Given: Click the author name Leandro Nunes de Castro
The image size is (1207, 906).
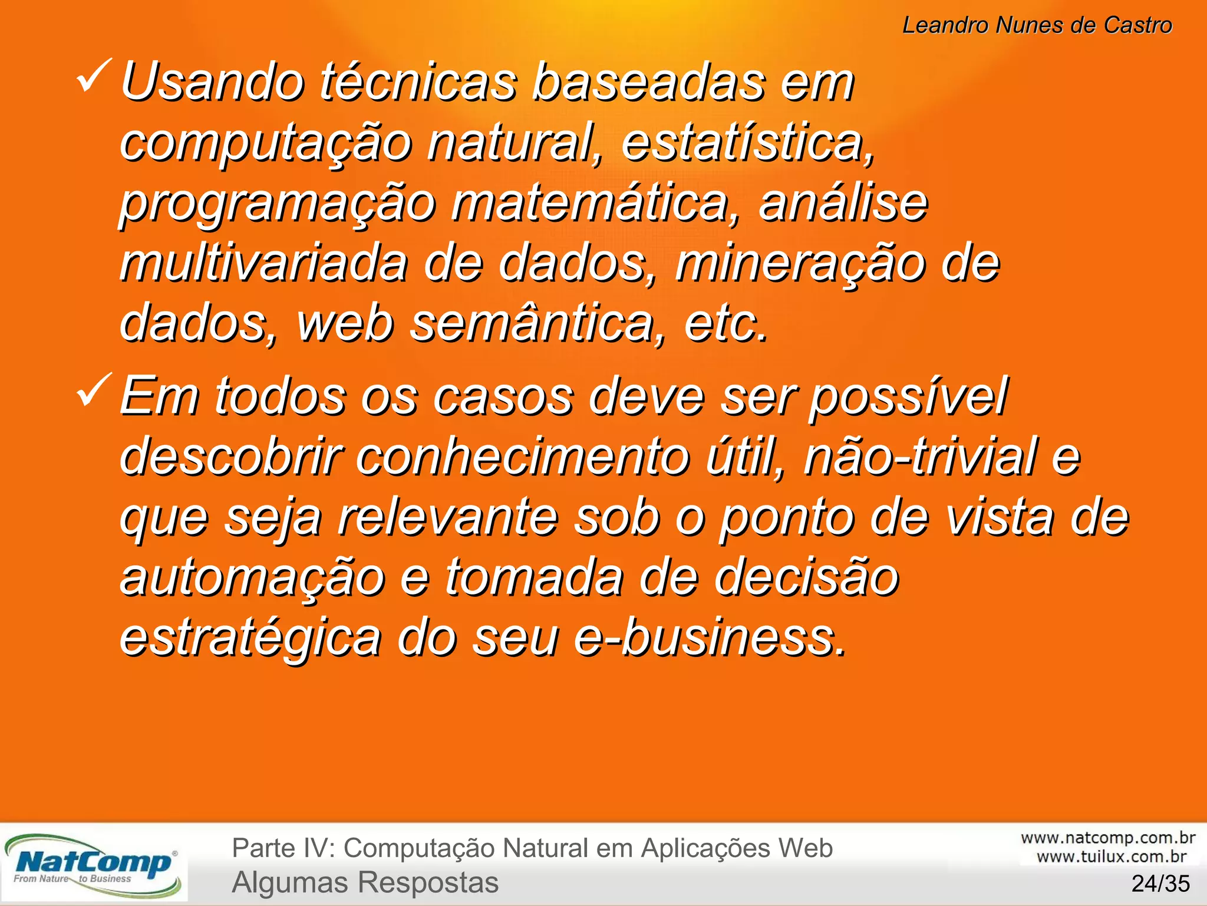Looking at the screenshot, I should (x=1037, y=25).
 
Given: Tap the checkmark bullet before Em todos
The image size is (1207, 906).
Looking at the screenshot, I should (x=94, y=390).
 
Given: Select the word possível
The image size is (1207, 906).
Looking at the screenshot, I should (x=908, y=397).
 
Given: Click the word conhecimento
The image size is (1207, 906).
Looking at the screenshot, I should (x=522, y=457).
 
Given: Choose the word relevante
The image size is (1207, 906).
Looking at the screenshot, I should (x=448, y=517).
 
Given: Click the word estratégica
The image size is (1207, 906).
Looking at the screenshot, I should (x=250, y=639).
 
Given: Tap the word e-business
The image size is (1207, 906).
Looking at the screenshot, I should (x=710, y=638).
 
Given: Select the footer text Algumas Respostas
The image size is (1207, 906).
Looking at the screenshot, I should (x=365, y=883).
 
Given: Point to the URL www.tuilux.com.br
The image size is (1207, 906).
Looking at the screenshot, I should (x=1112, y=856).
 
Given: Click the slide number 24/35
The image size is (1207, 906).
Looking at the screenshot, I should (x=1160, y=884).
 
